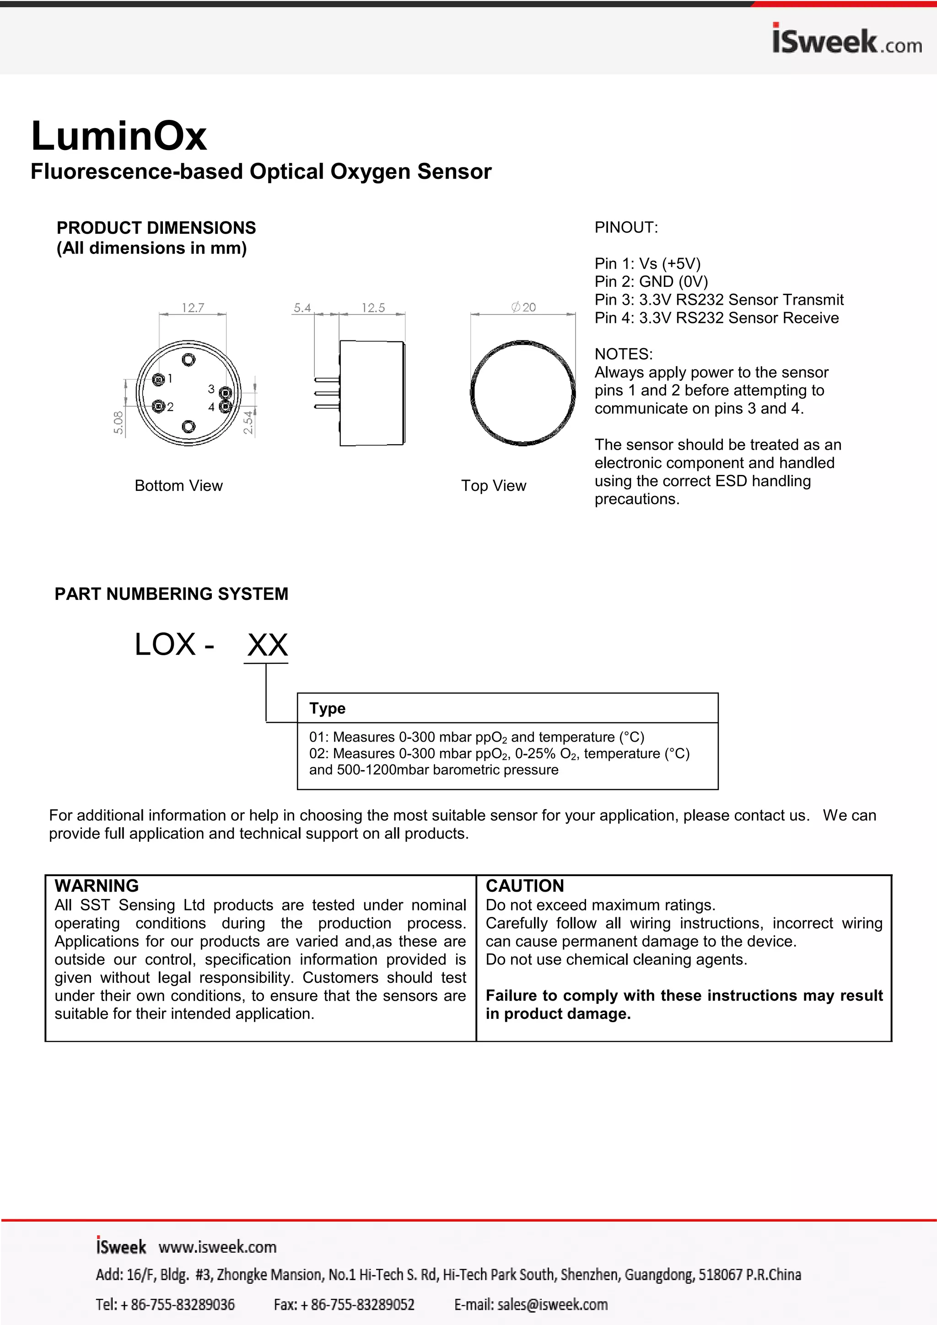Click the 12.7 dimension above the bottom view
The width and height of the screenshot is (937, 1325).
[193, 307]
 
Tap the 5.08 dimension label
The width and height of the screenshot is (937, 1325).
[118, 422]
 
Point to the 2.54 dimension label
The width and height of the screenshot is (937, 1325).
[248, 422]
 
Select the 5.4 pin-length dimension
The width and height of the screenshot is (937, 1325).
[302, 307]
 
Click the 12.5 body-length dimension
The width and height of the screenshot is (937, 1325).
[373, 307]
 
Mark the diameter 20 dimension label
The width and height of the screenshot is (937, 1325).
[524, 307]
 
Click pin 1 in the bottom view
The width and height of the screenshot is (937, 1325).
[158, 379]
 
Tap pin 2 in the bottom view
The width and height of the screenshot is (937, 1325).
[158, 406]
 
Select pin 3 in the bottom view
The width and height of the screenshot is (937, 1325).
[225, 393]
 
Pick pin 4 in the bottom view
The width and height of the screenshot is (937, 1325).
[225, 406]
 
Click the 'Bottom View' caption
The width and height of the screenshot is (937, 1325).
[178, 485]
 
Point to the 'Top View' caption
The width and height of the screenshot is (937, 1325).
[493, 485]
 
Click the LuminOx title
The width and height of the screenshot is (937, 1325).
[119, 136]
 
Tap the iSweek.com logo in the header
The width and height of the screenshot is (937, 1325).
[846, 40]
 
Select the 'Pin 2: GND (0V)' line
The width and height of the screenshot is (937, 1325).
[651, 282]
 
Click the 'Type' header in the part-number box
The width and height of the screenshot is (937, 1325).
[327, 708]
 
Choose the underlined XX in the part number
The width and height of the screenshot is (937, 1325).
[267, 645]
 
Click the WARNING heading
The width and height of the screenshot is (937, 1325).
[97, 885]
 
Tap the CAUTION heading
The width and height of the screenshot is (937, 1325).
[524, 885]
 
